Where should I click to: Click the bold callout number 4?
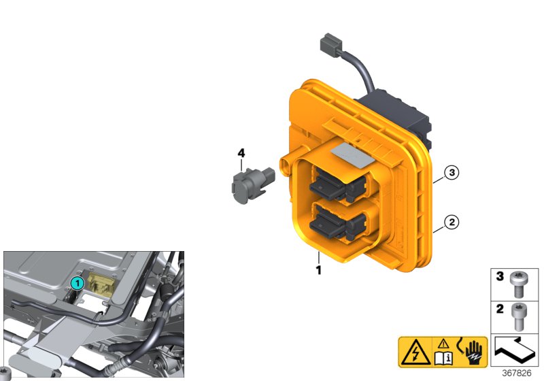point(241,154)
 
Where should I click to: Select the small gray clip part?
point(248,184)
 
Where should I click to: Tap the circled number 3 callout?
point(452,173)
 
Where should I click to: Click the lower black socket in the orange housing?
point(337,224)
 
